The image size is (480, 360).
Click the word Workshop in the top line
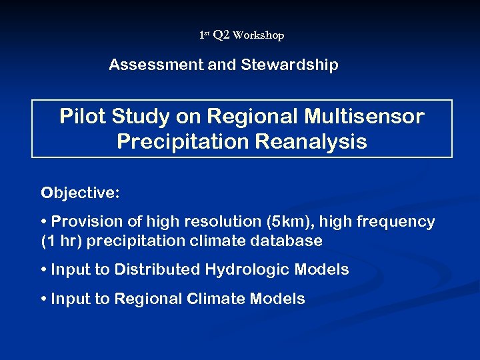click(259, 35)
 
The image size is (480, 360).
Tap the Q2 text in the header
click(221, 35)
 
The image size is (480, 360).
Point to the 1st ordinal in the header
click(204, 34)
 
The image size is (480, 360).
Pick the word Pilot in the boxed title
click(79, 117)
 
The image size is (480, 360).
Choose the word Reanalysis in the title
click(309, 142)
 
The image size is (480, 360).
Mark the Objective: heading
click(81, 193)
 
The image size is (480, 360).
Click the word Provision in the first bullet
click(83, 221)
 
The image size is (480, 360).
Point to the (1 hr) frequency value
click(62, 241)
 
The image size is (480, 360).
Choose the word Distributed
click(157, 269)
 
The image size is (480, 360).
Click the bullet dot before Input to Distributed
click(44, 269)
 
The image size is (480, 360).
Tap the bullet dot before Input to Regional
click(44, 299)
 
